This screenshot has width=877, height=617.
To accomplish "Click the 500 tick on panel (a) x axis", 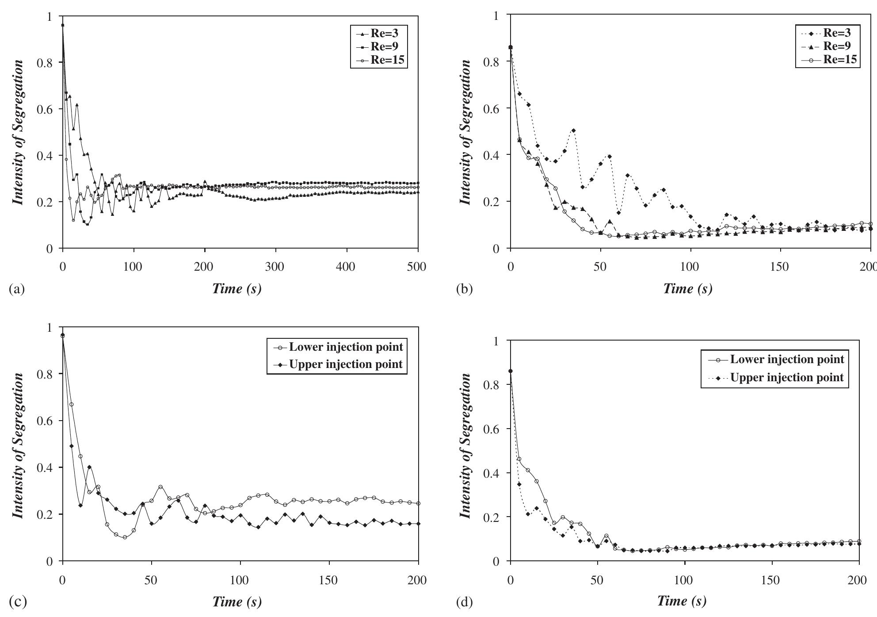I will click(x=417, y=267).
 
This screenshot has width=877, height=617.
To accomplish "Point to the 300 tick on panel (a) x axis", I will click(x=275, y=267).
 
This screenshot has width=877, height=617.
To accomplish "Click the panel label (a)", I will click(x=17, y=290).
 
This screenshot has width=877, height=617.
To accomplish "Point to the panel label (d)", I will click(x=465, y=602).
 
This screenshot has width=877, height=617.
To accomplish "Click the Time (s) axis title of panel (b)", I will click(x=688, y=289).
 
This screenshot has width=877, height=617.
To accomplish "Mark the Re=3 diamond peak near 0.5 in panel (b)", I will click(x=573, y=130).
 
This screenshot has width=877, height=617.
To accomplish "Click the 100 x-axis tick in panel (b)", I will click(x=689, y=267).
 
